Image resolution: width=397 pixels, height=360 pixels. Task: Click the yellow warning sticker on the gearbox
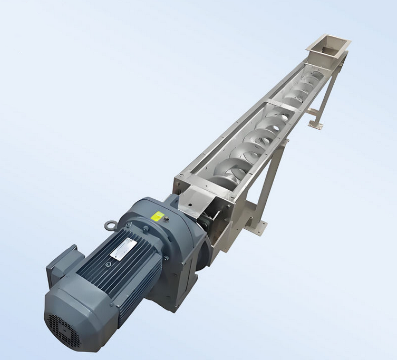157,216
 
